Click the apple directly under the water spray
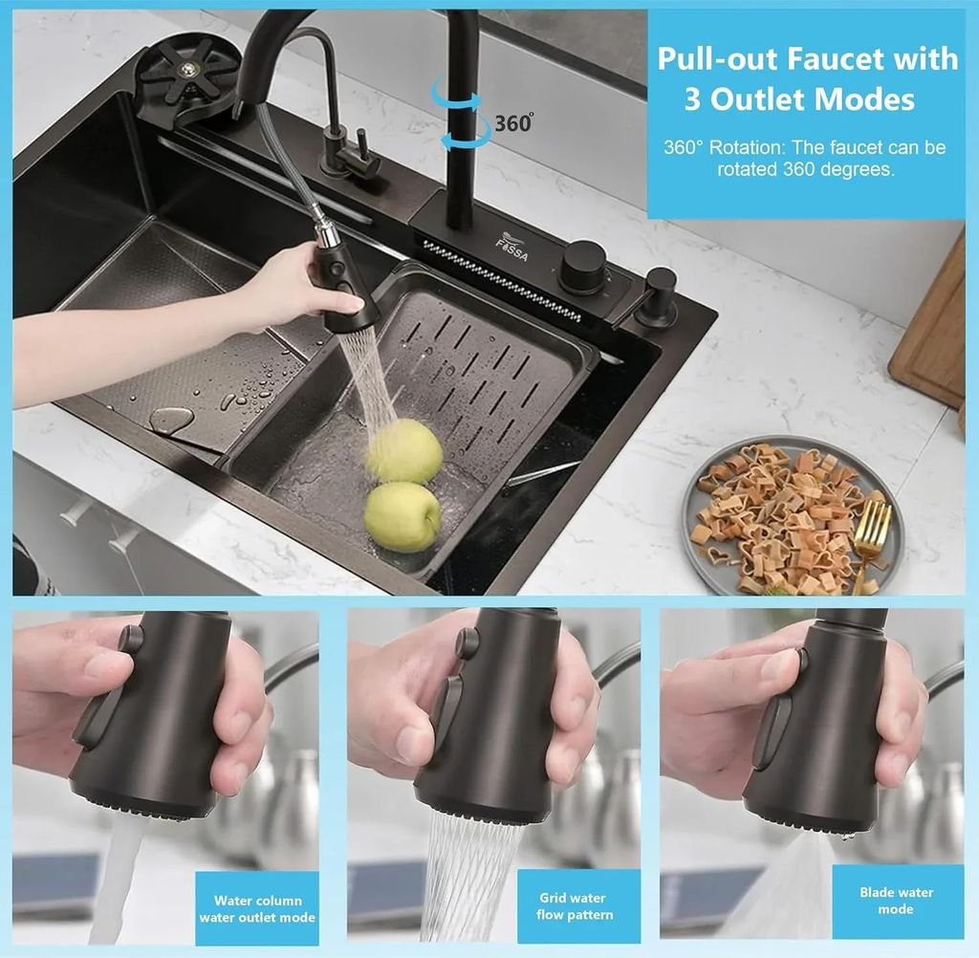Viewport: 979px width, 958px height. (404, 450)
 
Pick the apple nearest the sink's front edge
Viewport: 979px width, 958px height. (402, 516)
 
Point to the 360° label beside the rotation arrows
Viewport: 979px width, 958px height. (513, 122)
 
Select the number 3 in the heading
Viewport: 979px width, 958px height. (692, 100)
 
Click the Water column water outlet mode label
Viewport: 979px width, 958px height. (257, 909)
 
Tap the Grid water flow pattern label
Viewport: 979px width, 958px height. (574, 906)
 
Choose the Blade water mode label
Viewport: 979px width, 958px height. (896, 901)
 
